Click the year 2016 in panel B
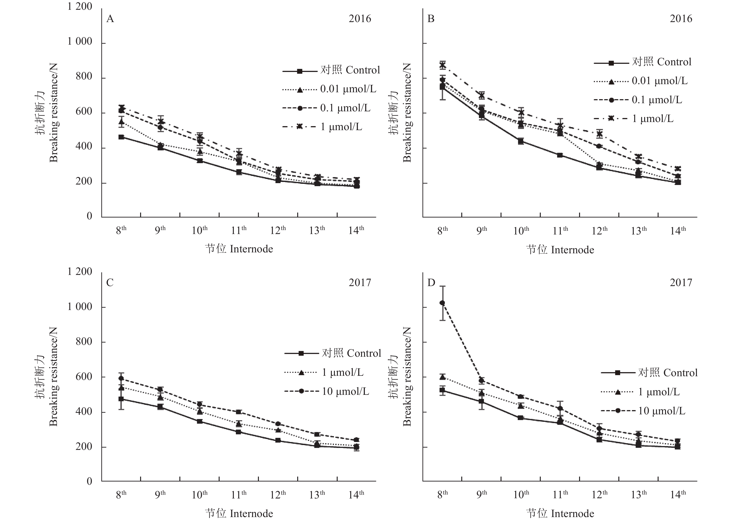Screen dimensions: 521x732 681,19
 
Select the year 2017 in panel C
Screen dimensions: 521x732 359,283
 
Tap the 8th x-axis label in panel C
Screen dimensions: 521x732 121,495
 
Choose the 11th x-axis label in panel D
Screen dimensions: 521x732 560,495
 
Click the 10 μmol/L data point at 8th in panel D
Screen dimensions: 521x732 442,303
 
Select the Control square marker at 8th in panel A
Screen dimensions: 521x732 121,137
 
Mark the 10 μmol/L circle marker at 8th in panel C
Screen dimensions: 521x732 121,379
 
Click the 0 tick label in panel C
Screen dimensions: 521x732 89,481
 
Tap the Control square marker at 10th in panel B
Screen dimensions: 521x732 521,141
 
